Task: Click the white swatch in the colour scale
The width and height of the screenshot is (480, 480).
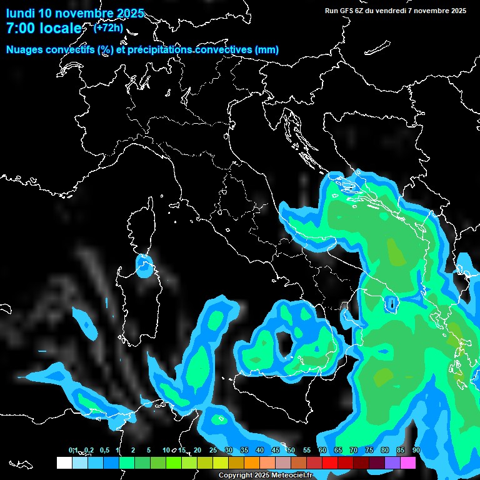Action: (x=64, y=462)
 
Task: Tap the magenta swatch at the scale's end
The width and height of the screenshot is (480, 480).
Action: (x=408, y=462)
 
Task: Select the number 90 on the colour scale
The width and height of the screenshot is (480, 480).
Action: (x=416, y=450)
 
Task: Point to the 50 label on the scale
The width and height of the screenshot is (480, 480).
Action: (x=291, y=450)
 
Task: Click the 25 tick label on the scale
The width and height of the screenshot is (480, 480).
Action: (x=212, y=450)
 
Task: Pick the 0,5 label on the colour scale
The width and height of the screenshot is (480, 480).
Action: (x=104, y=450)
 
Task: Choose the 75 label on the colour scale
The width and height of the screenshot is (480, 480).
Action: (x=369, y=450)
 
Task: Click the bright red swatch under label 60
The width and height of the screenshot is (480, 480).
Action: (x=330, y=462)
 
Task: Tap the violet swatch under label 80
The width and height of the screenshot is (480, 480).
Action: (x=392, y=462)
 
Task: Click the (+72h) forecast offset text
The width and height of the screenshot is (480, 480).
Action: (x=108, y=27)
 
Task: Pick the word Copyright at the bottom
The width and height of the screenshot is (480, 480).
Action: (x=236, y=476)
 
